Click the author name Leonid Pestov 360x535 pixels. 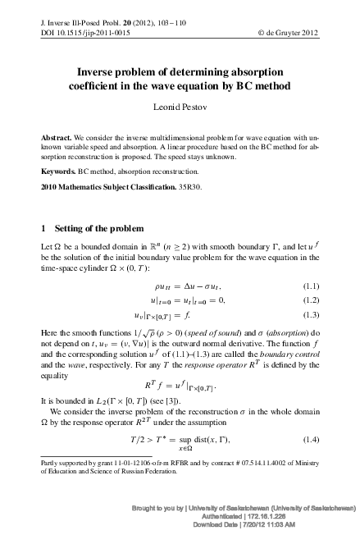[x=180, y=107]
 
